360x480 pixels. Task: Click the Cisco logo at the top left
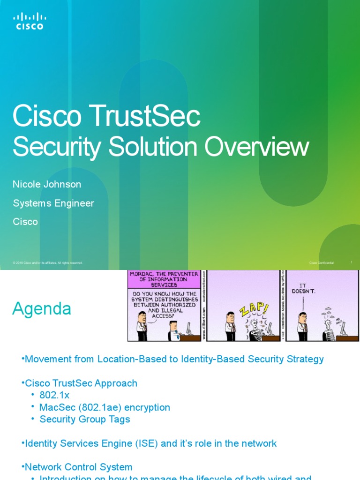(x=30, y=21)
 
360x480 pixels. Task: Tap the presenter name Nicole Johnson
(x=47, y=184)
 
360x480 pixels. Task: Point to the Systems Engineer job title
(x=53, y=203)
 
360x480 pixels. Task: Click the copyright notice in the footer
(x=48, y=263)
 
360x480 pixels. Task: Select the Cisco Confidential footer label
(x=322, y=263)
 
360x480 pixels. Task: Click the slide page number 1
(x=352, y=262)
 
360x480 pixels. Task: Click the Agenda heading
(x=42, y=309)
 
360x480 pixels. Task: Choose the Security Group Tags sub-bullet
(x=85, y=419)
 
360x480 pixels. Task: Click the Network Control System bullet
(x=78, y=467)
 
